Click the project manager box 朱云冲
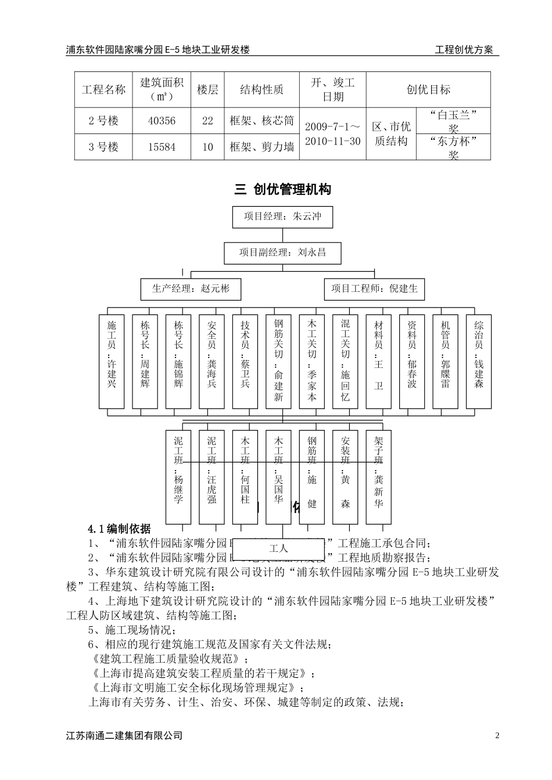click(282, 216)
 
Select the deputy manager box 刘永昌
click(282, 252)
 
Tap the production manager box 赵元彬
click(191, 288)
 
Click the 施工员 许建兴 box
click(112, 361)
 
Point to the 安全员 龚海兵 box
click(212, 361)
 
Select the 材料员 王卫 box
click(379, 361)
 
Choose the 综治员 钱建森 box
click(479, 361)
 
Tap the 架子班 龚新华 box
click(379, 476)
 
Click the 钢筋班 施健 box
click(312, 476)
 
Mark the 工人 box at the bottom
click(279, 548)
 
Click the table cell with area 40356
click(162, 121)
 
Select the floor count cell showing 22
click(207, 121)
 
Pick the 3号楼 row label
click(103, 147)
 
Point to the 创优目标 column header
click(428, 89)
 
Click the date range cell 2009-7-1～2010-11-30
click(332, 133)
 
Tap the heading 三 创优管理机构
click(282, 189)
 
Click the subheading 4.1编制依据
click(119, 529)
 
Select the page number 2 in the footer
click(497, 736)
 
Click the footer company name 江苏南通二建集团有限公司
click(124, 736)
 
